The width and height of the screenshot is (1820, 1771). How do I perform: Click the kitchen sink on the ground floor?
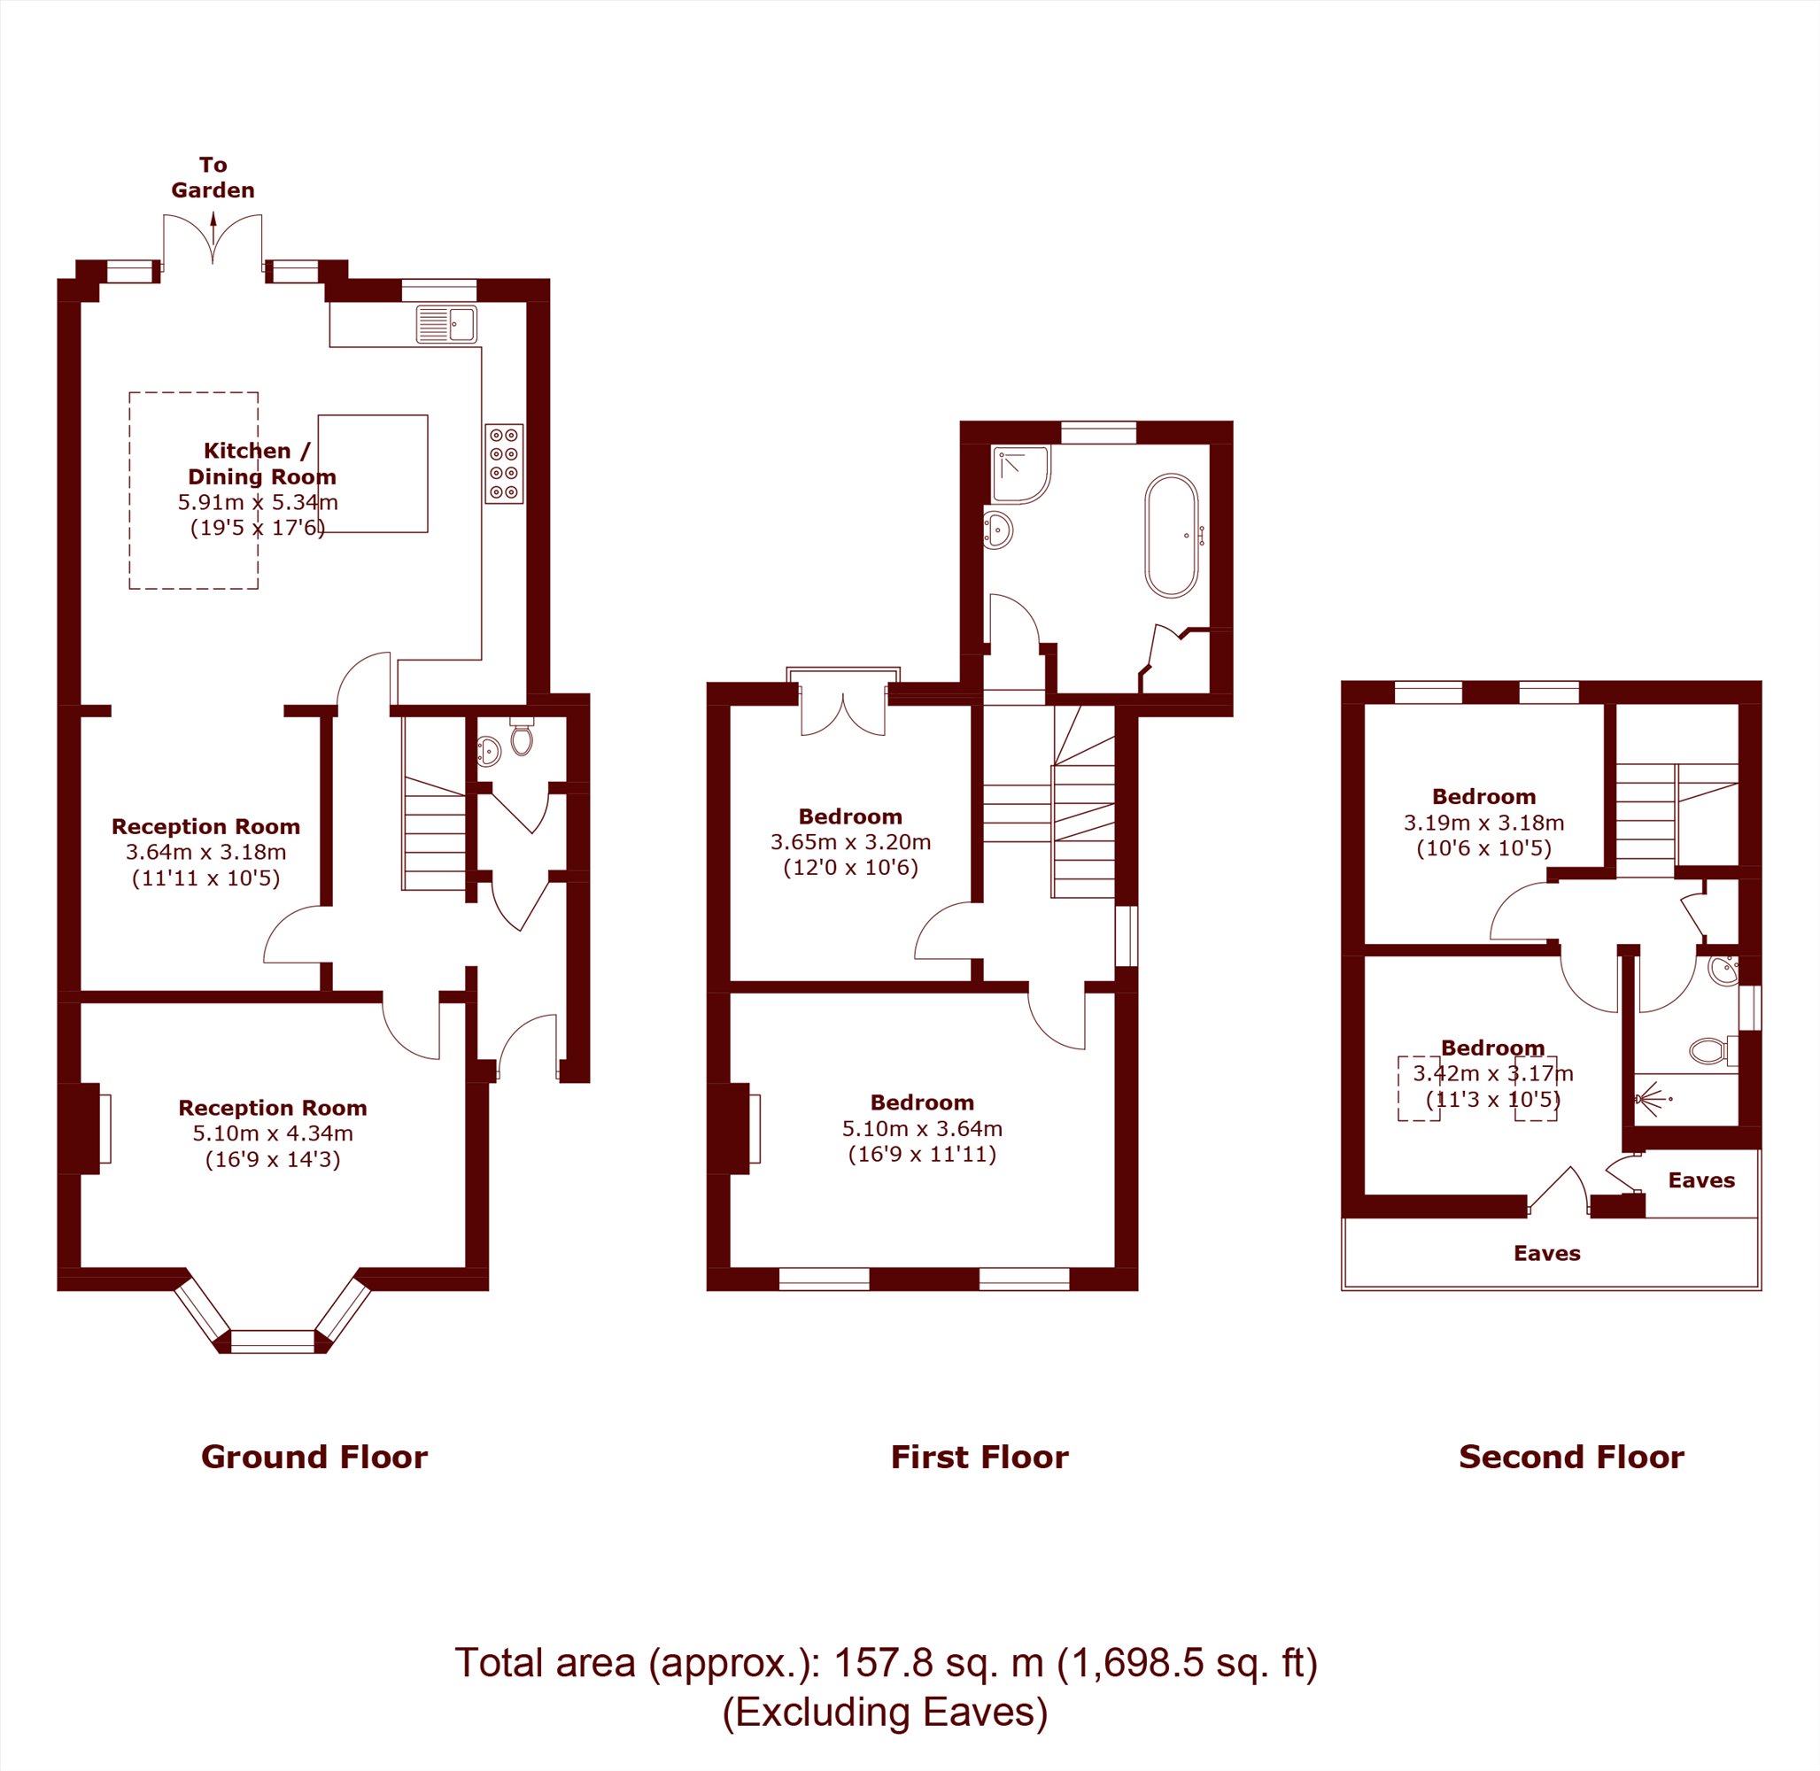click(x=446, y=325)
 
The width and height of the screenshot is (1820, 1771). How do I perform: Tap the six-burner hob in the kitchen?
click(x=504, y=464)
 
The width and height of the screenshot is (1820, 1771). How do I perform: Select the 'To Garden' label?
click(x=213, y=178)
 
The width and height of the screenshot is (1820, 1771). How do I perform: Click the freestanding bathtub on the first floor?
click(x=1172, y=536)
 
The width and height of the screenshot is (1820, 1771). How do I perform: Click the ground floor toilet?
click(x=522, y=739)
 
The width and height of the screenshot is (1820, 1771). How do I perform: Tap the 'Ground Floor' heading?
click(x=314, y=1457)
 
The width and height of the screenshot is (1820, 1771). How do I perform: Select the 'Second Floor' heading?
click(x=1571, y=1457)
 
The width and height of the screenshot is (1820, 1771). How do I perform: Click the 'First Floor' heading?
click(x=980, y=1457)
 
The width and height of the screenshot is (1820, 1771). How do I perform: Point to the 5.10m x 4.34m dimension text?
click(x=273, y=1133)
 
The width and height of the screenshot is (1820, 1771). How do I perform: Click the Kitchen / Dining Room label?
click(x=261, y=463)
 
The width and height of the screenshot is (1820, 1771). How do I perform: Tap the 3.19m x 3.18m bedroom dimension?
click(x=1484, y=824)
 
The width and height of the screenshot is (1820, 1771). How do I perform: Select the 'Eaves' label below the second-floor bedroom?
click(x=1547, y=1253)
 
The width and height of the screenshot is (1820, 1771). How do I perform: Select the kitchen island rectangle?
click(x=373, y=474)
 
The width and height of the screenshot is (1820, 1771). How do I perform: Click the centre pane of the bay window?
click(x=273, y=1341)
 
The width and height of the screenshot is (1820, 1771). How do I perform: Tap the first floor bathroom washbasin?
click(x=998, y=530)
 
